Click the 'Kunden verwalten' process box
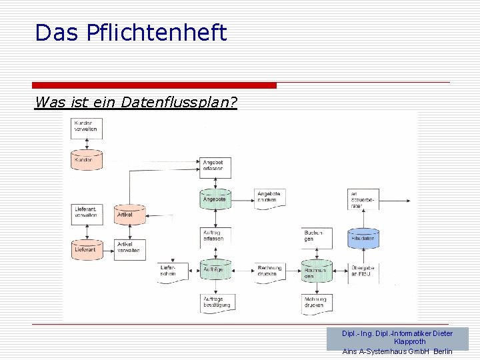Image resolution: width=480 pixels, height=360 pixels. tap(87, 126)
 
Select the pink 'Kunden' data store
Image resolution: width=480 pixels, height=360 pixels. tap(87, 159)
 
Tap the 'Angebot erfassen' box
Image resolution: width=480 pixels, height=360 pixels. tap(215, 166)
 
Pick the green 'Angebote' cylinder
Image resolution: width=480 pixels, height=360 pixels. tap(215, 199)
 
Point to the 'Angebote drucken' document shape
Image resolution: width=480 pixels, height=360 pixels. tap(270, 199)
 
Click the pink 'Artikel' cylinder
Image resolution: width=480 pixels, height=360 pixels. tap(129, 215)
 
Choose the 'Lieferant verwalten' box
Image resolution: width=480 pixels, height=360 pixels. tap(87, 213)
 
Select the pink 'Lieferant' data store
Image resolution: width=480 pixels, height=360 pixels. tap(87, 249)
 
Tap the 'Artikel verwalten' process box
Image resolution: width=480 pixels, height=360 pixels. tap(129, 247)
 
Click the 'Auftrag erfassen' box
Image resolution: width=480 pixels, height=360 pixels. tap(215, 235)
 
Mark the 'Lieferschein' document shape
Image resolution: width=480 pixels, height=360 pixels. tap(172, 271)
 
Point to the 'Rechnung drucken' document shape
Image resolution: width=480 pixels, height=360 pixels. tap(270, 271)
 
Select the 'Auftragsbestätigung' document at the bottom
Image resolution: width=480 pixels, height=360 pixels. tap(215, 303)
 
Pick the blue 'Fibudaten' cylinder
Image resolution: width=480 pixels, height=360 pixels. tap(363, 237)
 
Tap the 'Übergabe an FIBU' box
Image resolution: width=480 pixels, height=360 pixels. tap(363, 271)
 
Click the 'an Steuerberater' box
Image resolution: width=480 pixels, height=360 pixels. tap(363, 199)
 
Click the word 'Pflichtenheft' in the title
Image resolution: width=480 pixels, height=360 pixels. tap(157, 32)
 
